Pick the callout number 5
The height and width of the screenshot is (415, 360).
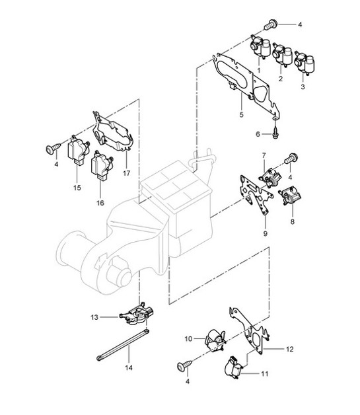[x=241, y=114]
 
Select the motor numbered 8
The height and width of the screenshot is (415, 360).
[x=289, y=198]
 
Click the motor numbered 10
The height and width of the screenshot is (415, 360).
[x=215, y=339]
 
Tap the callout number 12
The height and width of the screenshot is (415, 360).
[x=290, y=348]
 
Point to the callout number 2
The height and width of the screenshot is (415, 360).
[x=281, y=79]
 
